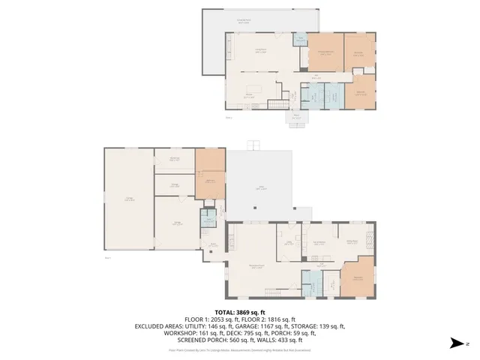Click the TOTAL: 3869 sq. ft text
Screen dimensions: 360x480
239,312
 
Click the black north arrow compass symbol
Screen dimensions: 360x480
454,343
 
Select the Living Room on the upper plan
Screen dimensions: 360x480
260,50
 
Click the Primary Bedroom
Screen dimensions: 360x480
325,52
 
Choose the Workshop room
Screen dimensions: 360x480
174,158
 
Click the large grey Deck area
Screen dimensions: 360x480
261,187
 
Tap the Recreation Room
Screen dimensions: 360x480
257,266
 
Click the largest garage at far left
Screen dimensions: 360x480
129,199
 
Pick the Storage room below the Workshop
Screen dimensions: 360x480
174,184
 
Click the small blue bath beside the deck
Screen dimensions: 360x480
208,218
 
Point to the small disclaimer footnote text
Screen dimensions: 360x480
239,349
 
